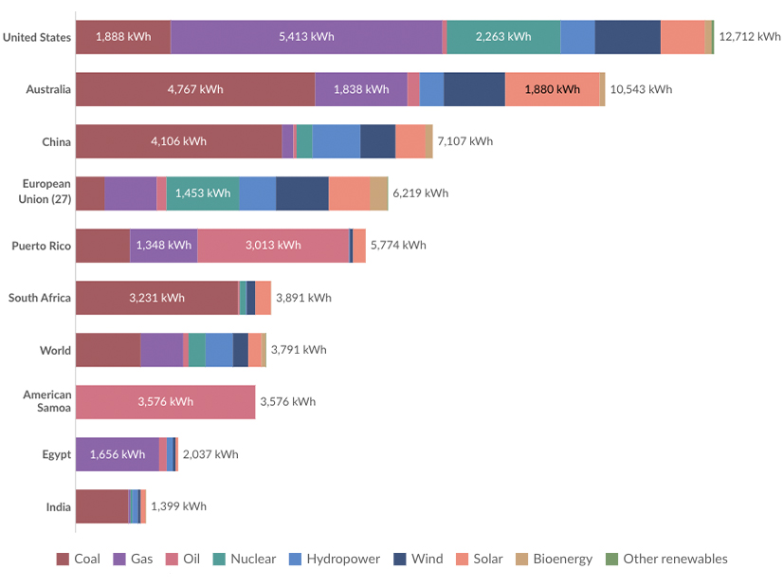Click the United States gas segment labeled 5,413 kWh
click(306, 37)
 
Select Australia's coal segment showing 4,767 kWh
click(195, 89)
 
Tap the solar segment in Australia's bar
click(552, 89)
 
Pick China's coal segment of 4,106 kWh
click(178, 141)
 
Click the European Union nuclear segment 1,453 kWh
click(203, 193)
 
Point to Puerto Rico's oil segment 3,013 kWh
click(273, 246)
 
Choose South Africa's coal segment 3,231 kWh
click(156, 298)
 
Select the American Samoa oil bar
click(165, 402)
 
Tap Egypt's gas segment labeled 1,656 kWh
click(118, 454)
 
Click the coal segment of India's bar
click(101, 506)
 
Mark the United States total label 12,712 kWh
click(750, 37)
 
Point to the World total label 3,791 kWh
click(299, 350)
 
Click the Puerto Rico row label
click(41, 246)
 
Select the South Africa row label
click(40, 298)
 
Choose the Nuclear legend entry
click(245, 559)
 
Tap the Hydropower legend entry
click(335, 559)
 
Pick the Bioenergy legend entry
click(554, 559)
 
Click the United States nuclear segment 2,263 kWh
click(503, 37)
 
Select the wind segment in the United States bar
click(628, 37)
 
